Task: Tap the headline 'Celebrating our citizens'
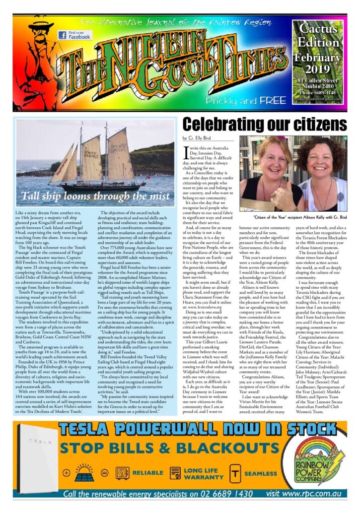tap(264, 125)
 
